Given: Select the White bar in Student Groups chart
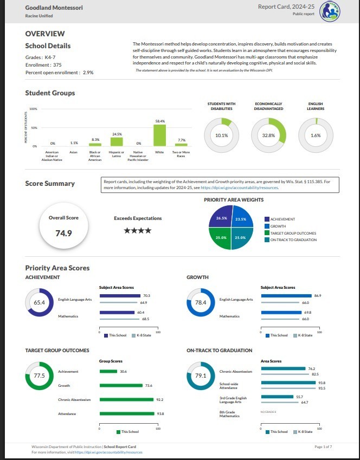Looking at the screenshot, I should point(159,135).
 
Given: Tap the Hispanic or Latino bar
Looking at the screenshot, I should point(117,141).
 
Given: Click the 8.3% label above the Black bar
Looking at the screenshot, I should point(95,140).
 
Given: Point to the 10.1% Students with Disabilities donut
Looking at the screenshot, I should point(222,135).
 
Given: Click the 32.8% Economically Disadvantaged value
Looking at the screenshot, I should point(268,135).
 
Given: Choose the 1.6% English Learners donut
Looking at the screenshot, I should point(316,135).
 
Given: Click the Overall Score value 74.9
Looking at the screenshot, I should point(63,234).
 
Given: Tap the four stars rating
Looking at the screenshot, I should point(138,231).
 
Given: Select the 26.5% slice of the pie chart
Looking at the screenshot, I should point(221,218).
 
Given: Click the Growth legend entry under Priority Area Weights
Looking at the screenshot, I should point(279,226).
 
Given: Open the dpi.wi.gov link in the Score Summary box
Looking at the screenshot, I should point(240,187).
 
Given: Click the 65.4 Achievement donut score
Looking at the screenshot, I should point(39,303).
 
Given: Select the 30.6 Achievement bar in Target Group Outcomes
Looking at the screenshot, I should point(108,372).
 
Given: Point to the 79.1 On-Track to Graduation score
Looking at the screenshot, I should point(201,375).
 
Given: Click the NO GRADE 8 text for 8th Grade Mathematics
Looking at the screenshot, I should point(268,412).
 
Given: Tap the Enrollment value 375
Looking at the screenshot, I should point(57,64).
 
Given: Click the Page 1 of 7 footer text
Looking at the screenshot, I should point(323,446).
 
